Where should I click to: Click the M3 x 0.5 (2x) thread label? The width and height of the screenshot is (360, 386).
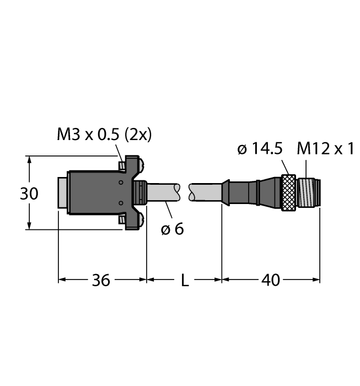(x=104, y=135)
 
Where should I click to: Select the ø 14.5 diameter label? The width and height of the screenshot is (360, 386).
(x=260, y=149)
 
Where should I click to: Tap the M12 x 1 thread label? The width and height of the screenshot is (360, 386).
(x=325, y=148)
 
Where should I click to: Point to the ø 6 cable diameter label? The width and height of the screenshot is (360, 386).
(x=172, y=229)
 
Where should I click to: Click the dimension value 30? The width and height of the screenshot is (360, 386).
(x=29, y=194)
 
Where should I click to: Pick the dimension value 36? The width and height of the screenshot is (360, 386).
(x=101, y=280)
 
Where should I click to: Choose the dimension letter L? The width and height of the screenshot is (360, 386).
(x=185, y=280)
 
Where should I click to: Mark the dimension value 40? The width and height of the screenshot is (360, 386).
(x=271, y=280)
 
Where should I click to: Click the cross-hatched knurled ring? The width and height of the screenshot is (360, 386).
(x=288, y=192)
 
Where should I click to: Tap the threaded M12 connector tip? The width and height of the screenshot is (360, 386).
(x=309, y=192)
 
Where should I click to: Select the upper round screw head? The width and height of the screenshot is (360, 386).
(x=142, y=165)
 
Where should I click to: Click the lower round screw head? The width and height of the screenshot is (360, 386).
(x=142, y=219)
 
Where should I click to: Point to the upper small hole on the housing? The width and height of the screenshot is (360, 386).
(x=121, y=183)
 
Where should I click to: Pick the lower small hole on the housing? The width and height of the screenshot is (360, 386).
(x=121, y=203)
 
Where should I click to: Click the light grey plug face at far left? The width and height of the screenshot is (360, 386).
(x=63, y=193)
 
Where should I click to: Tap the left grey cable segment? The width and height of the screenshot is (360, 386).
(x=163, y=192)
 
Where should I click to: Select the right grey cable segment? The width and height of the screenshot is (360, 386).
(x=206, y=192)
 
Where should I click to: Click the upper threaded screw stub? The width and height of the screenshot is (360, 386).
(x=122, y=165)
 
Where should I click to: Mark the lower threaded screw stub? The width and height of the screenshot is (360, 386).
(x=122, y=219)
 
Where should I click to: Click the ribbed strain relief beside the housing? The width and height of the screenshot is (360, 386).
(x=140, y=192)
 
